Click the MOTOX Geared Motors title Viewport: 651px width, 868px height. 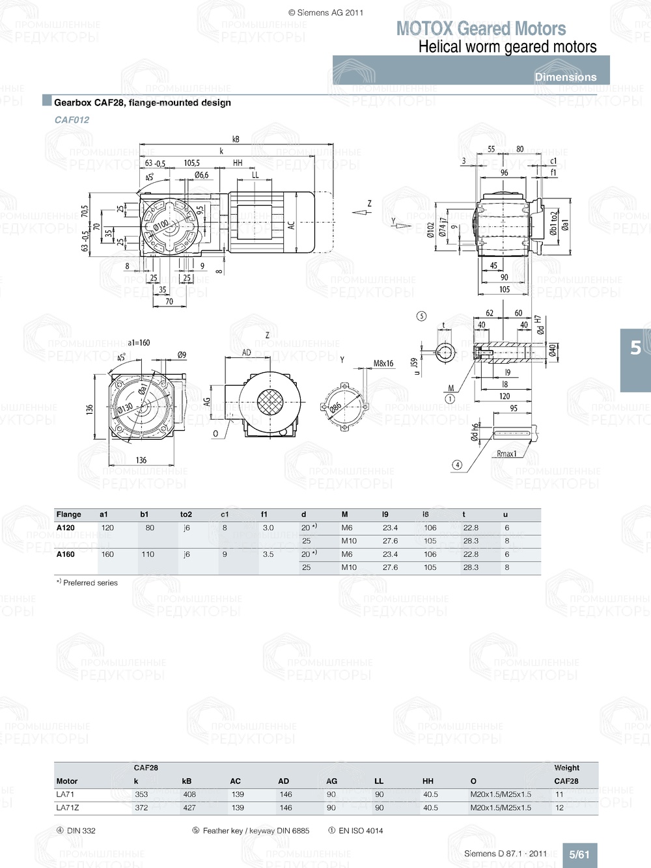[x=480, y=29]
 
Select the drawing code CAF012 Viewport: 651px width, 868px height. [x=72, y=120]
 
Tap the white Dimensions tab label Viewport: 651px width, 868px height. [x=565, y=77]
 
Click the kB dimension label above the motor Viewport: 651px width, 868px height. [x=236, y=139]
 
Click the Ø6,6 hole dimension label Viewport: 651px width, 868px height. [x=201, y=174]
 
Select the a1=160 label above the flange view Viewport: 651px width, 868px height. [x=139, y=342]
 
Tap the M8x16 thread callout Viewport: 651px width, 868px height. [x=383, y=364]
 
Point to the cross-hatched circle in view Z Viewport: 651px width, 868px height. [x=270, y=402]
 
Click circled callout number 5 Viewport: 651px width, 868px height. [x=421, y=316]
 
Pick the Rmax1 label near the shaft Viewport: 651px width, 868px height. [x=506, y=454]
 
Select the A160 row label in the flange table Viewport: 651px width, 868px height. [x=65, y=554]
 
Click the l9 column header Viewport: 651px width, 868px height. [x=385, y=514]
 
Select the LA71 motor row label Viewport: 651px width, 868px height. [x=65, y=794]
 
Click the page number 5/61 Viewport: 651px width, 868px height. [x=579, y=854]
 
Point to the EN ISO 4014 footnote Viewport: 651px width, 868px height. [x=355, y=831]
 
